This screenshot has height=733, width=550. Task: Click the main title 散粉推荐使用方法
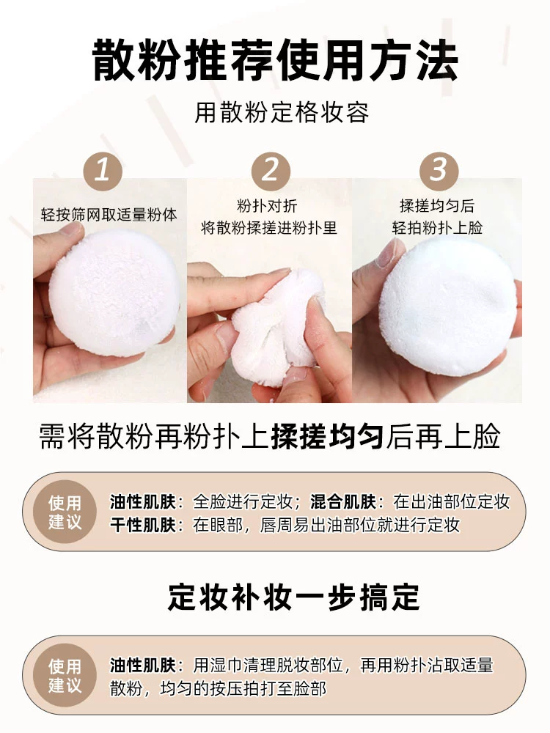pyautogui.click(x=275, y=60)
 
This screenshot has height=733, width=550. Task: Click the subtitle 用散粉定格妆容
pyautogui.click(x=282, y=113)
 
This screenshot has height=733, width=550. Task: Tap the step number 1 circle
pyautogui.click(x=103, y=171)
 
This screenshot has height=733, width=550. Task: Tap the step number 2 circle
pyautogui.click(x=271, y=171)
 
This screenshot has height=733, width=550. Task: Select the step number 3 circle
pyautogui.click(x=439, y=171)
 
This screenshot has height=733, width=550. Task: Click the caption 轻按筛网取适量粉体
pyautogui.click(x=109, y=215)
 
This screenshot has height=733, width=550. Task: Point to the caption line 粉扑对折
pyautogui.click(x=267, y=205)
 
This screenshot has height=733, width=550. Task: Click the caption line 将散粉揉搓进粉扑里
pyautogui.click(x=269, y=228)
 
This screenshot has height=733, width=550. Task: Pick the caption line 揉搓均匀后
pyautogui.click(x=437, y=205)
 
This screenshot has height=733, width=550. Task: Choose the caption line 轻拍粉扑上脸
pyautogui.click(x=437, y=228)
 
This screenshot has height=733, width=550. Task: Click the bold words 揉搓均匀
pyautogui.click(x=327, y=437)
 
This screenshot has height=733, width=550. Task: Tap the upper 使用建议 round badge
pyautogui.click(x=65, y=512)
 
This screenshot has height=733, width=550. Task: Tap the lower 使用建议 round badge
pyautogui.click(x=65, y=675)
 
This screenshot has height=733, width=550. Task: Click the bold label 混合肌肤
pyautogui.click(x=343, y=501)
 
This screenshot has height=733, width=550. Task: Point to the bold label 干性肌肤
pyautogui.click(x=143, y=525)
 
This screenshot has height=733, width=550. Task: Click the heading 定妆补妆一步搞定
pyautogui.click(x=294, y=597)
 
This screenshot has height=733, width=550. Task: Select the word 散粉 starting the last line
pyautogui.click(x=126, y=688)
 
